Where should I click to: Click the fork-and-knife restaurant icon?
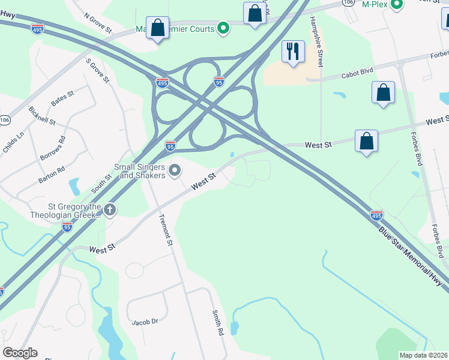click(293, 52)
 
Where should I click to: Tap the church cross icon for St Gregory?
click(109, 210)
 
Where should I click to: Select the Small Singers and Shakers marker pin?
click(175, 171)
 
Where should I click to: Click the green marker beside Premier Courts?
click(223, 27)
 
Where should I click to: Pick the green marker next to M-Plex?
click(396, 5)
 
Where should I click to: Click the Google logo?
click(20, 353)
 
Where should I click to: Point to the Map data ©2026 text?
click(423, 355)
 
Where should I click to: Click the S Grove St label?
click(98, 71)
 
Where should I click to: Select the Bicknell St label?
click(42, 116)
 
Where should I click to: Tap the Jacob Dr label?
click(145, 322)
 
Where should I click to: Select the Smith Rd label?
click(217, 323)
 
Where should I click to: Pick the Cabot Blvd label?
click(357, 73)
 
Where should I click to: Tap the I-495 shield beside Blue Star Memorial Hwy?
click(376, 214)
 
